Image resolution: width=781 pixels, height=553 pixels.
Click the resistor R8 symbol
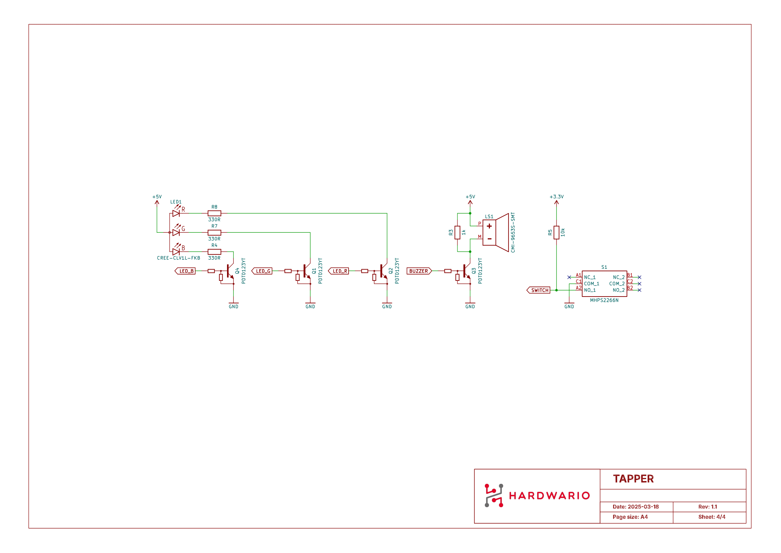coord(214,214)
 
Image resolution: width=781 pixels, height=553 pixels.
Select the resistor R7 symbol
coord(214,233)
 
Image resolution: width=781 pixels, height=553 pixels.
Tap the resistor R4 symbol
coord(214,252)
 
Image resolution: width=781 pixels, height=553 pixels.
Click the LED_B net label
coord(185,271)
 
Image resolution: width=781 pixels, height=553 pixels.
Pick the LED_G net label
coord(262,271)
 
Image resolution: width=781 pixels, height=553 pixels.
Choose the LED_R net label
coord(339,271)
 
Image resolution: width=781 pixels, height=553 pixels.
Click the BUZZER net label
coord(419,271)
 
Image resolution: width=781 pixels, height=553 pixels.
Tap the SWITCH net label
coord(539,291)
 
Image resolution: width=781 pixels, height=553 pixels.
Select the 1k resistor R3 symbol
coord(457,233)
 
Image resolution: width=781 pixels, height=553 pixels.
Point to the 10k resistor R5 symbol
coord(557,233)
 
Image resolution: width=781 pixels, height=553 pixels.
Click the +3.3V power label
coord(557,197)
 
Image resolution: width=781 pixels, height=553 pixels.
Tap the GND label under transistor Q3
coord(470,307)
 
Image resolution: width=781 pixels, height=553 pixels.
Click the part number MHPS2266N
coord(604,300)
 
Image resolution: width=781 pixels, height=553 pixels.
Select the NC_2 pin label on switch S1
coord(618,278)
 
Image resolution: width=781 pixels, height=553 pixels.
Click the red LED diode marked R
coord(176,214)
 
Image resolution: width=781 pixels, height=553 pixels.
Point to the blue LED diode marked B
coord(176,252)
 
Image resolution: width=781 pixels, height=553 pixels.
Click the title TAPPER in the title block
coord(633,479)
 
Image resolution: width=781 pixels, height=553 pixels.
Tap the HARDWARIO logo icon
coord(494,496)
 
